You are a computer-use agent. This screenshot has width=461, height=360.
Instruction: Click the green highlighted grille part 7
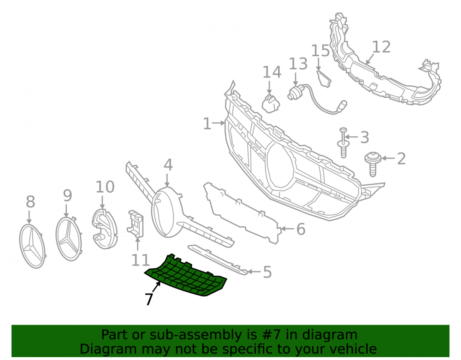point(186,276)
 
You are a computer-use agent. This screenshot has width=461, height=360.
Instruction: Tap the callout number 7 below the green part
point(149,299)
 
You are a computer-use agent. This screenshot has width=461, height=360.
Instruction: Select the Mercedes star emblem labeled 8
point(32,246)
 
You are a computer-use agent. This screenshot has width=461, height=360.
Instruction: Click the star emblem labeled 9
point(69,238)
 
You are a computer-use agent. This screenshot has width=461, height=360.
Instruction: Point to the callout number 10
point(105,187)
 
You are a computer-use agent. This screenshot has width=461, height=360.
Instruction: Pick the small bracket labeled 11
point(135,224)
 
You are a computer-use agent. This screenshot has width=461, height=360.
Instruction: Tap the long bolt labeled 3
point(343,142)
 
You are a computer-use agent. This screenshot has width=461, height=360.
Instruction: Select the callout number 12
point(381,47)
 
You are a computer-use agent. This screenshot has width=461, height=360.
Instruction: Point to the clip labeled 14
point(271,103)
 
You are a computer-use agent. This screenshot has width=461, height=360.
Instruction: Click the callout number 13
point(298,64)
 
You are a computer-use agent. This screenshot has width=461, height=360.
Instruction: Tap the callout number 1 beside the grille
point(207,124)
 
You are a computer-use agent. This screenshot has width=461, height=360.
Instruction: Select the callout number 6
point(301,229)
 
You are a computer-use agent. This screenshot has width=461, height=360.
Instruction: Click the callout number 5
point(267,272)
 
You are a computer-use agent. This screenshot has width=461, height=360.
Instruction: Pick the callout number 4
point(168,165)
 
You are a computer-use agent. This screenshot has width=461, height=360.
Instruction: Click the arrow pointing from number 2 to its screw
point(388,159)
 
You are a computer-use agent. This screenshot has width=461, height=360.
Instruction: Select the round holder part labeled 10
point(105,229)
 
